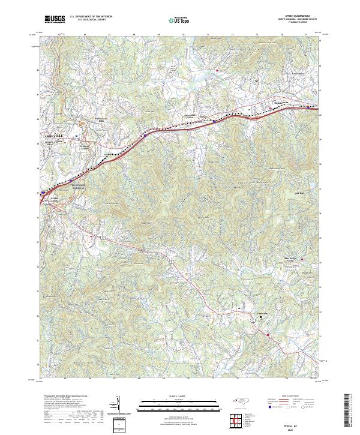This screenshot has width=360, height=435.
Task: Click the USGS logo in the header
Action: tap(55, 20)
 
